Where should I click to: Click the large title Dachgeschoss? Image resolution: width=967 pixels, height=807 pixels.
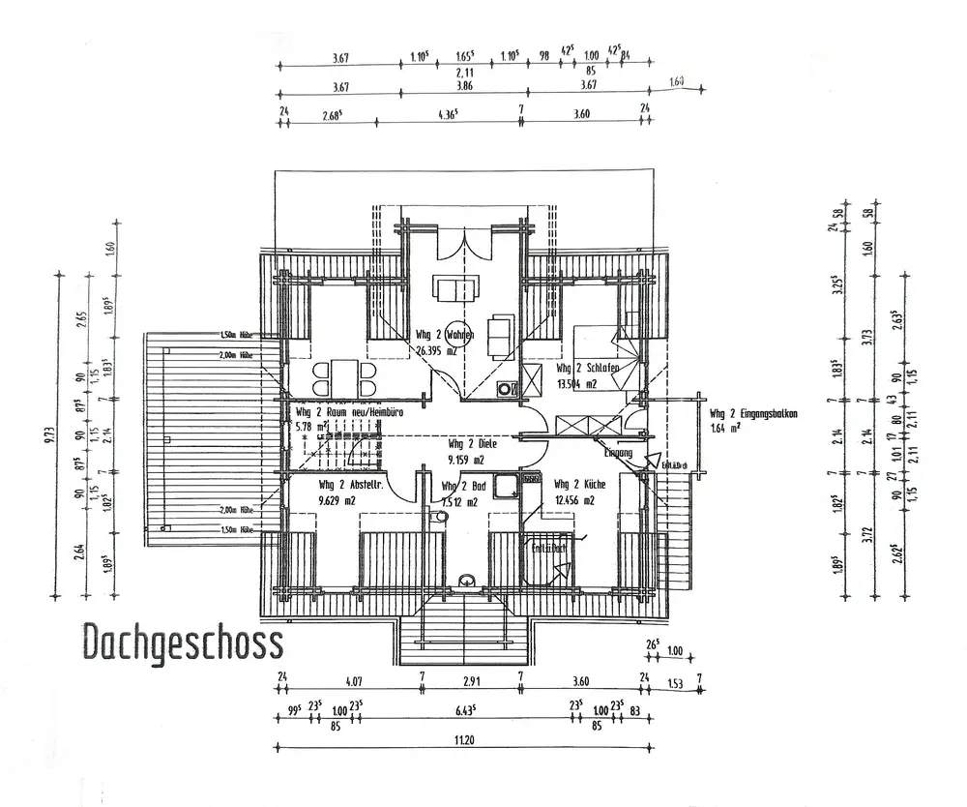pyautogui.click(x=182, y=642)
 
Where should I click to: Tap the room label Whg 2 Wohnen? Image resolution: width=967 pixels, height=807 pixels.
pyautogui.click(x=444, y=336)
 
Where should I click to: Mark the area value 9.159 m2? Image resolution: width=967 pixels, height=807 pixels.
pyautogui.click(x=471, y=461)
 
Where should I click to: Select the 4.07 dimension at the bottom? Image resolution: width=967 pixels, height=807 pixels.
pyautogui.click(x=352, y=678)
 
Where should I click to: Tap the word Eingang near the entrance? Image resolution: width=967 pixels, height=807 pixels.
pyautogui.click(x=618, y=453)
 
